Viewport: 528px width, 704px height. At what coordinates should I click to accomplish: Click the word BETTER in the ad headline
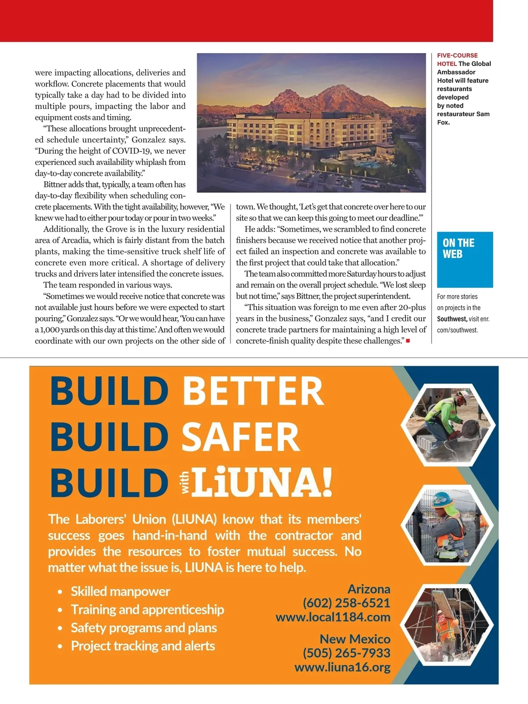click(253, 391)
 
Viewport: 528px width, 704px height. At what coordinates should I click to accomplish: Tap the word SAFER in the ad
click(240, 436)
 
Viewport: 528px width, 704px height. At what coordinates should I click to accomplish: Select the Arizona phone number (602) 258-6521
click(346, 603)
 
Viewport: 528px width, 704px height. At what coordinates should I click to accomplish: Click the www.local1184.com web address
click(333, 617)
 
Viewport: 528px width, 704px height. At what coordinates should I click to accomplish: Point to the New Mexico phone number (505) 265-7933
click(346, 653)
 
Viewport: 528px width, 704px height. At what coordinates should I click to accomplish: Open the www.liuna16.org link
click(342, 667)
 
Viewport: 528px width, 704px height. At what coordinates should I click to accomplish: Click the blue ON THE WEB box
click(465, 259)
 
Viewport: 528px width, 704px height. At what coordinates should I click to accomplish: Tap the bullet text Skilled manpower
click(120, 591)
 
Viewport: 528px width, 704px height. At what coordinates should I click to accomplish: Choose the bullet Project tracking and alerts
click(143, 646)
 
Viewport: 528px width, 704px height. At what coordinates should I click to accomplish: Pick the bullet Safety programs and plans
click(144, 628)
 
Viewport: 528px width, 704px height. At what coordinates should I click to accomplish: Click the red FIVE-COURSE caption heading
click(457, 55)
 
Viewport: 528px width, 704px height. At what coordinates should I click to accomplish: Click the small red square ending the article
click(408, 341)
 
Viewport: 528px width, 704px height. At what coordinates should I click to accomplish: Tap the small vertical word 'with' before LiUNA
click(185, 482)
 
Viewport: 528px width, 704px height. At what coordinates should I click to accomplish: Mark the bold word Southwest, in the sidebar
click(452, 319)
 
